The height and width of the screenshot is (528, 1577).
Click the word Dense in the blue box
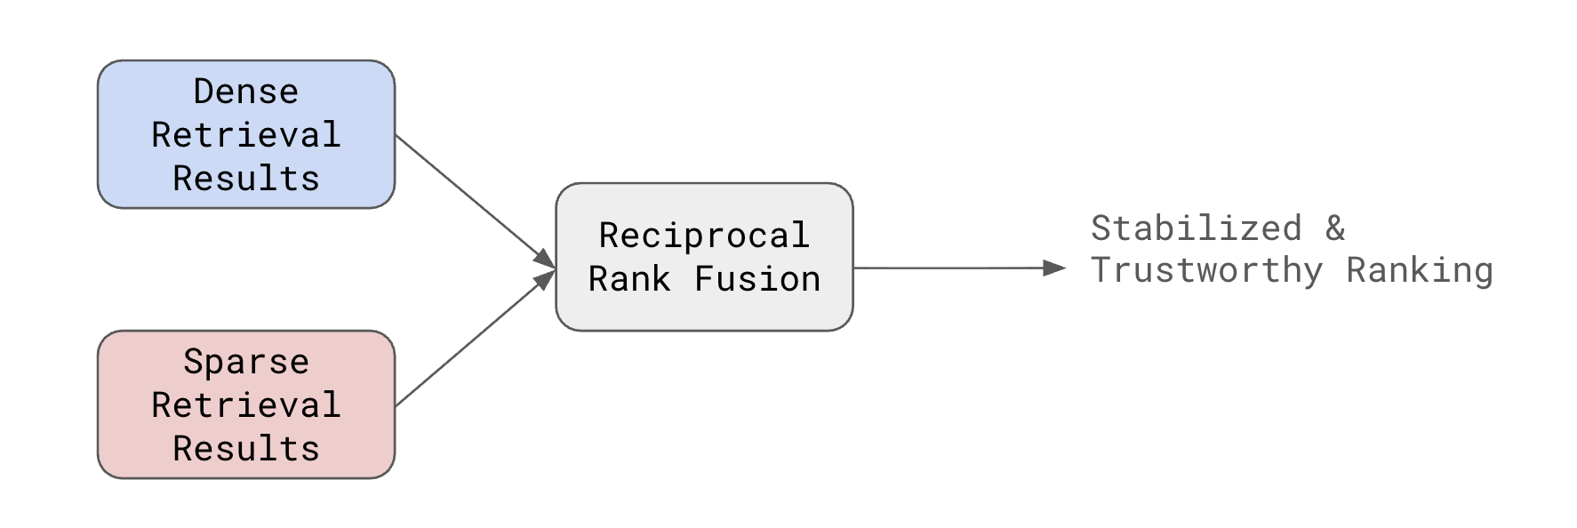pyautogui.click(x=245, y=92)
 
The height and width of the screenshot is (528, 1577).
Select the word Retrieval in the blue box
pyautogui.click(x=245, y=135)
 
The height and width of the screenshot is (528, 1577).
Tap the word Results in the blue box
pyautogui.click(x=245, y=179)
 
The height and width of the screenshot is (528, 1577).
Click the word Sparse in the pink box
pyautogui.click(x=245, y=362)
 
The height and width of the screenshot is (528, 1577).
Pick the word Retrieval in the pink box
pyautogui.click(x=245, y=405)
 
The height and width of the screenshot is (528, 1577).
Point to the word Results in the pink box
pyautogui.click(x=245, y=449)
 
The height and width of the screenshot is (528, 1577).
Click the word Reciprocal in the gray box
pyautogui.click(x=703, y=236)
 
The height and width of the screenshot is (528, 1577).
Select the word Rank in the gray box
pyautogui.click(x=628, y=279)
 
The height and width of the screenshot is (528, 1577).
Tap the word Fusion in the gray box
pyautogui.click(x=756, y=279)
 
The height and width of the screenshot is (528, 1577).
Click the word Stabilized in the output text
pyautogui.click(x=1196, y=228)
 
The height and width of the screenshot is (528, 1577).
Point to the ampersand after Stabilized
pyautogui.click(x=1335, y=228)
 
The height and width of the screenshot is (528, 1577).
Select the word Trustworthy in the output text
pyautogui.click(x=1206, y=270)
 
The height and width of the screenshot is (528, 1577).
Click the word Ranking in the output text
pyautogui.click(x=1419, y=270)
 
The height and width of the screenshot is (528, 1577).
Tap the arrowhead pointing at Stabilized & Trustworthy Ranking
pyautogui.click(x=1054, y=268)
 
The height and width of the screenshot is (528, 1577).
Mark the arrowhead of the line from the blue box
pyautogui.click(x=545, y=260)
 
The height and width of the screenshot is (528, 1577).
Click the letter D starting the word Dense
pyautogui.click(x=204, y=92)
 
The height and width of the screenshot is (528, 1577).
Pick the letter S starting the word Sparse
pyautogui.click(x=193, y=362)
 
